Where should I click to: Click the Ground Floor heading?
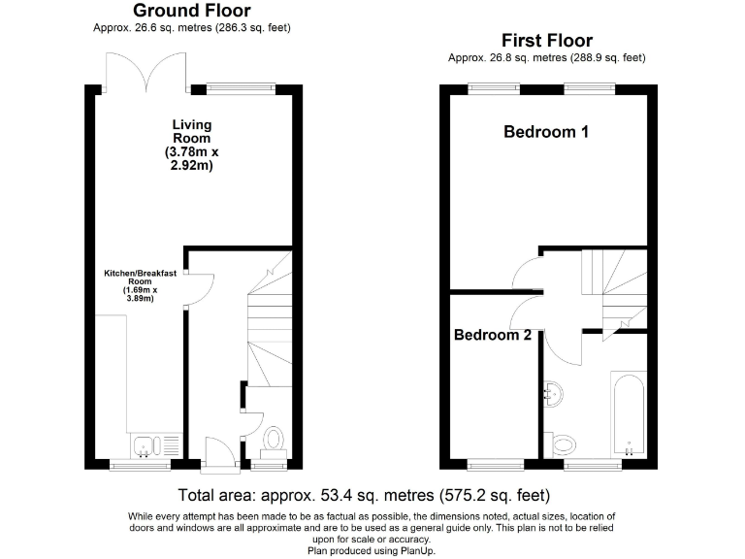point(191,11)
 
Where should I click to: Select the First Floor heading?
point(546,41)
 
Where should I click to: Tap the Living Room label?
point(191,146)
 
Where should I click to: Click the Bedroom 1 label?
point(546,132)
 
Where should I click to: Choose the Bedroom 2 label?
point(493,335)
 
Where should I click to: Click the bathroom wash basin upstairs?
point(555,393)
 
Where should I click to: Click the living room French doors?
point(146,68)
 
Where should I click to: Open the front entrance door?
point(219,453)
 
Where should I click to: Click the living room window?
point(234,88)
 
